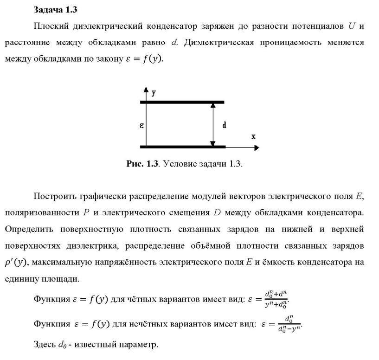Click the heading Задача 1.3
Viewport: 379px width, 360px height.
coord(52,9)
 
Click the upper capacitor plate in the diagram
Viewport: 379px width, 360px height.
coord(182,102)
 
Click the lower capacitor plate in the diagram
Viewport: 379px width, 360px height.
coord(182,147)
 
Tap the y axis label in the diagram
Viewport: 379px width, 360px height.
coord(154,92)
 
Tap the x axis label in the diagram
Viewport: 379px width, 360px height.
coord(253,137)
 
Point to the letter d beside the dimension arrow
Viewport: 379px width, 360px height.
coord(225,125)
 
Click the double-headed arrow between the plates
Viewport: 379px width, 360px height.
coord(213,124)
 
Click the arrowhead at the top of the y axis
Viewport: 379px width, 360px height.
coord(146,89)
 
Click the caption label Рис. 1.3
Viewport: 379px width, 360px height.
coord(142,164)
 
